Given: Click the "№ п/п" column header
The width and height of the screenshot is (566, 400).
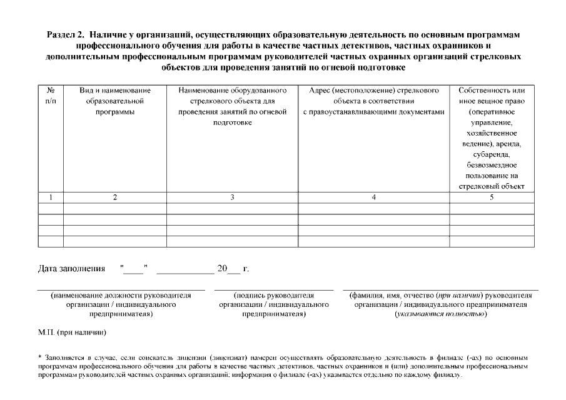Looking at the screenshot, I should pos(51,95).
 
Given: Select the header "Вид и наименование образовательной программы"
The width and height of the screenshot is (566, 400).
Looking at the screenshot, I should pos(114,101).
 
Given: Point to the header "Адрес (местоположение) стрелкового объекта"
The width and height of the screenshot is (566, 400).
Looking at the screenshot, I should pos(373,101).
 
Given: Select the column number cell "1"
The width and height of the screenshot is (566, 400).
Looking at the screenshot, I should pos(51,197).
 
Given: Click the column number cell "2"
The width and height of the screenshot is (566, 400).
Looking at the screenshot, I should pos(114,197).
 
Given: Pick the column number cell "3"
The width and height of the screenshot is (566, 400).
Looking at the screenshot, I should pos(232,197).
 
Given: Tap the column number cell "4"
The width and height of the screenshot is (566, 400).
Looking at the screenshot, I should pos(373,197).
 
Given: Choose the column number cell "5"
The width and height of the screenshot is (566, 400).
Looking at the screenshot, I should pos(492,197).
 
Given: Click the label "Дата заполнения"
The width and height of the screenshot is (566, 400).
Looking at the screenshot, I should pos(71,269).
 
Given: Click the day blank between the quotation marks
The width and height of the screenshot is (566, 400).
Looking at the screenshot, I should pos(133,271).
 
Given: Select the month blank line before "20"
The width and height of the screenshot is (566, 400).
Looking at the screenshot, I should pos(185,271).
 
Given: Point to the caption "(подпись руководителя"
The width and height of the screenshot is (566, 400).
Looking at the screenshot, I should pos(273,296).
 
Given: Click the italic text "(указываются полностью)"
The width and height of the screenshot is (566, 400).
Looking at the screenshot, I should pos(440,314).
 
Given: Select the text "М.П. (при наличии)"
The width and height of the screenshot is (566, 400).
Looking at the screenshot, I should pos(72,332).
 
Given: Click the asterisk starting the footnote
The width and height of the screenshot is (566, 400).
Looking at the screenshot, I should pos(40,357).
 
